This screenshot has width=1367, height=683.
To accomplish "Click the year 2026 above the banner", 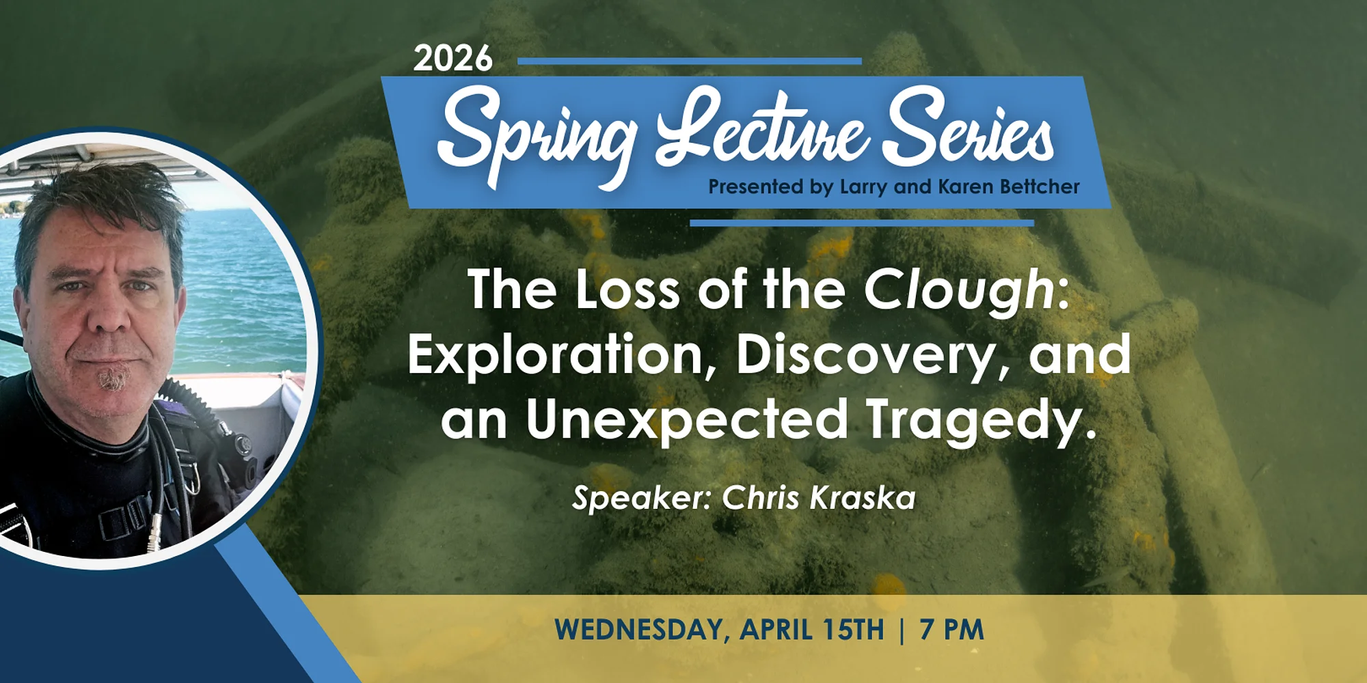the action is pos(452,59).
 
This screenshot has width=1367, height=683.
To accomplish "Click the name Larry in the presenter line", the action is pos(862,187).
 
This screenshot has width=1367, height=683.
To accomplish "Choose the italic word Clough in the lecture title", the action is pos(960,290).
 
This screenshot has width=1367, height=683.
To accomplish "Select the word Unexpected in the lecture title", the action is pos(687,420).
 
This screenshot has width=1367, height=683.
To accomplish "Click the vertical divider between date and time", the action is pos(902,630).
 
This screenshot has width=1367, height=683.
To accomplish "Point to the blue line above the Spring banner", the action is pos(690,61).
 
